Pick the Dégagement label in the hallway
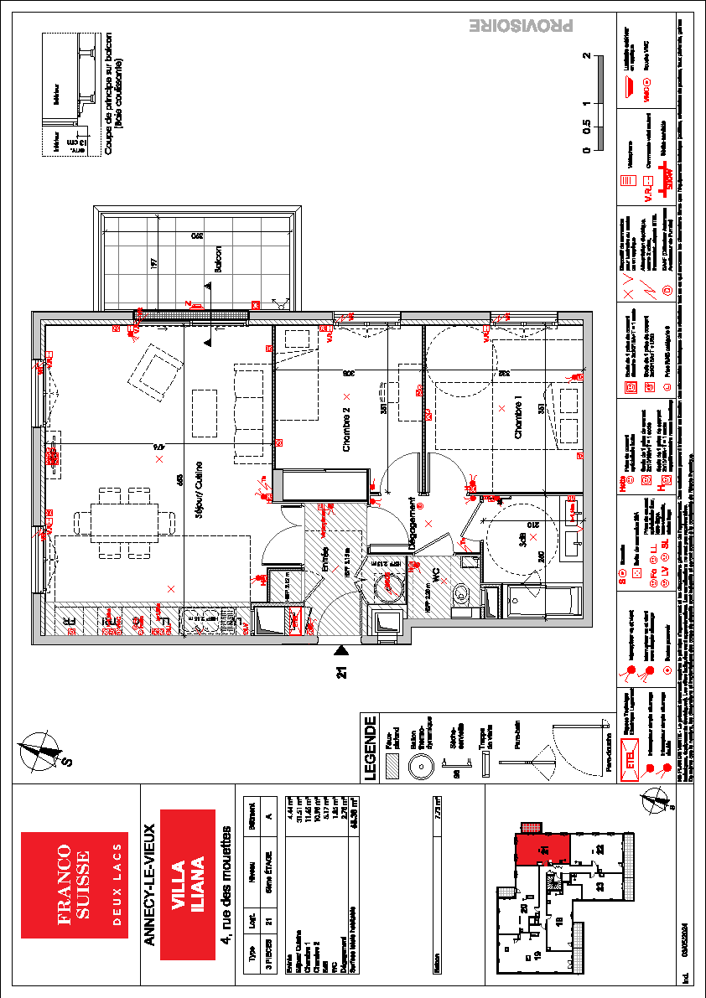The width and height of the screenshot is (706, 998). tap(413, 524)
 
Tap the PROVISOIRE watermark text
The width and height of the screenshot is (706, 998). tap(520, 27)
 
